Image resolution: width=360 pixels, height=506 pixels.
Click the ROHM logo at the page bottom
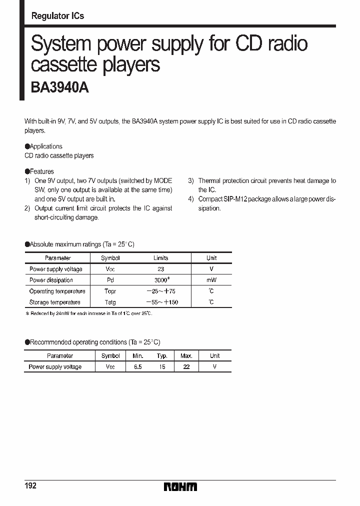tap(180, 486)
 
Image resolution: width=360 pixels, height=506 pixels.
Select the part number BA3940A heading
tap(60, 88)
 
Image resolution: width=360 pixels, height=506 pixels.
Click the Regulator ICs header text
tap(57, 16)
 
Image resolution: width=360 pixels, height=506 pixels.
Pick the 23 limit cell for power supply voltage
tap(160, 269)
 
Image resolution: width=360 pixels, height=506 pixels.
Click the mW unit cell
tap(211, 280)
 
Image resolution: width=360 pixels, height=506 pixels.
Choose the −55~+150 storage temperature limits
tap(162, 302)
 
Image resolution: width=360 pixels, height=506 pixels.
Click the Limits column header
tap(160, 258)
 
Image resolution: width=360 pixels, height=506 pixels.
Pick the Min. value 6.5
tap(137, 366)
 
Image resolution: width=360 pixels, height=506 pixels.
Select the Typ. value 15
tap(161, 366)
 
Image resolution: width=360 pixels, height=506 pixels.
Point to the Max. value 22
tap(186, 366)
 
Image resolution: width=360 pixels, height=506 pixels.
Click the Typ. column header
tap(161, 355)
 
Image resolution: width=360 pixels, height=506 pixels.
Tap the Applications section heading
tap(45, 146)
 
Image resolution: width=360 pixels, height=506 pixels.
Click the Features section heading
tap(41, 171)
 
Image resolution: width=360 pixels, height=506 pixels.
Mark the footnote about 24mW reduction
tap(88, 313)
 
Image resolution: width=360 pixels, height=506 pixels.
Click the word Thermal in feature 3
tap(210, 181)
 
